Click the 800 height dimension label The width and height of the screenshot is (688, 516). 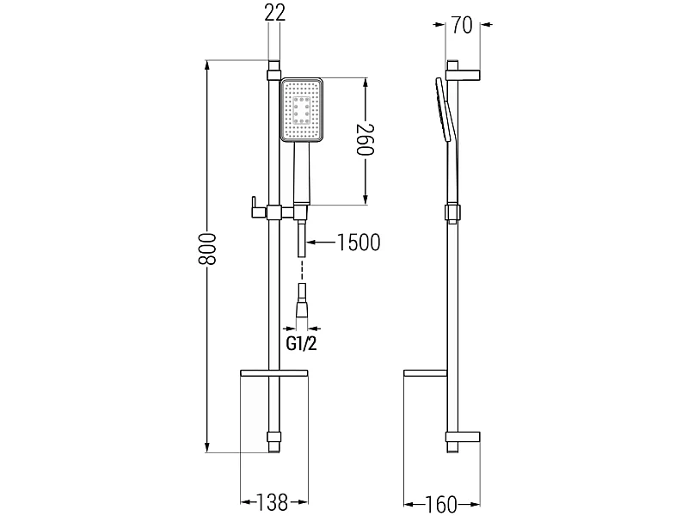point(207,249)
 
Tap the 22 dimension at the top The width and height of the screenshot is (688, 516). point(275,12)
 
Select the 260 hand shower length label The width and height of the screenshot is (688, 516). point(365,140)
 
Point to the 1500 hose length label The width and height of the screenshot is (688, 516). point(358,243)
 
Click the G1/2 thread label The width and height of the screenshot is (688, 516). point(302,343)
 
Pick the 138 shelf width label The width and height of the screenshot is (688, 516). point(272,502)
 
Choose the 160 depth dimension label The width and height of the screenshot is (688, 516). point(441,504)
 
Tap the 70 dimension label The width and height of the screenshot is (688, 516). point(462,25)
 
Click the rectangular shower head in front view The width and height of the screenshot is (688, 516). point(302,110)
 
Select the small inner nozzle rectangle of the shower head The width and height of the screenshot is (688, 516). point(302,110)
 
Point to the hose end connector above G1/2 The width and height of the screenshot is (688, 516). point(302,302)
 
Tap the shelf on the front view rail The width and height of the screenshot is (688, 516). point(274,373)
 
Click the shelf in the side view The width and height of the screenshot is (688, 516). point(425,373)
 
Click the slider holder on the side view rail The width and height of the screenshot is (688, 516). point(452,212)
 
